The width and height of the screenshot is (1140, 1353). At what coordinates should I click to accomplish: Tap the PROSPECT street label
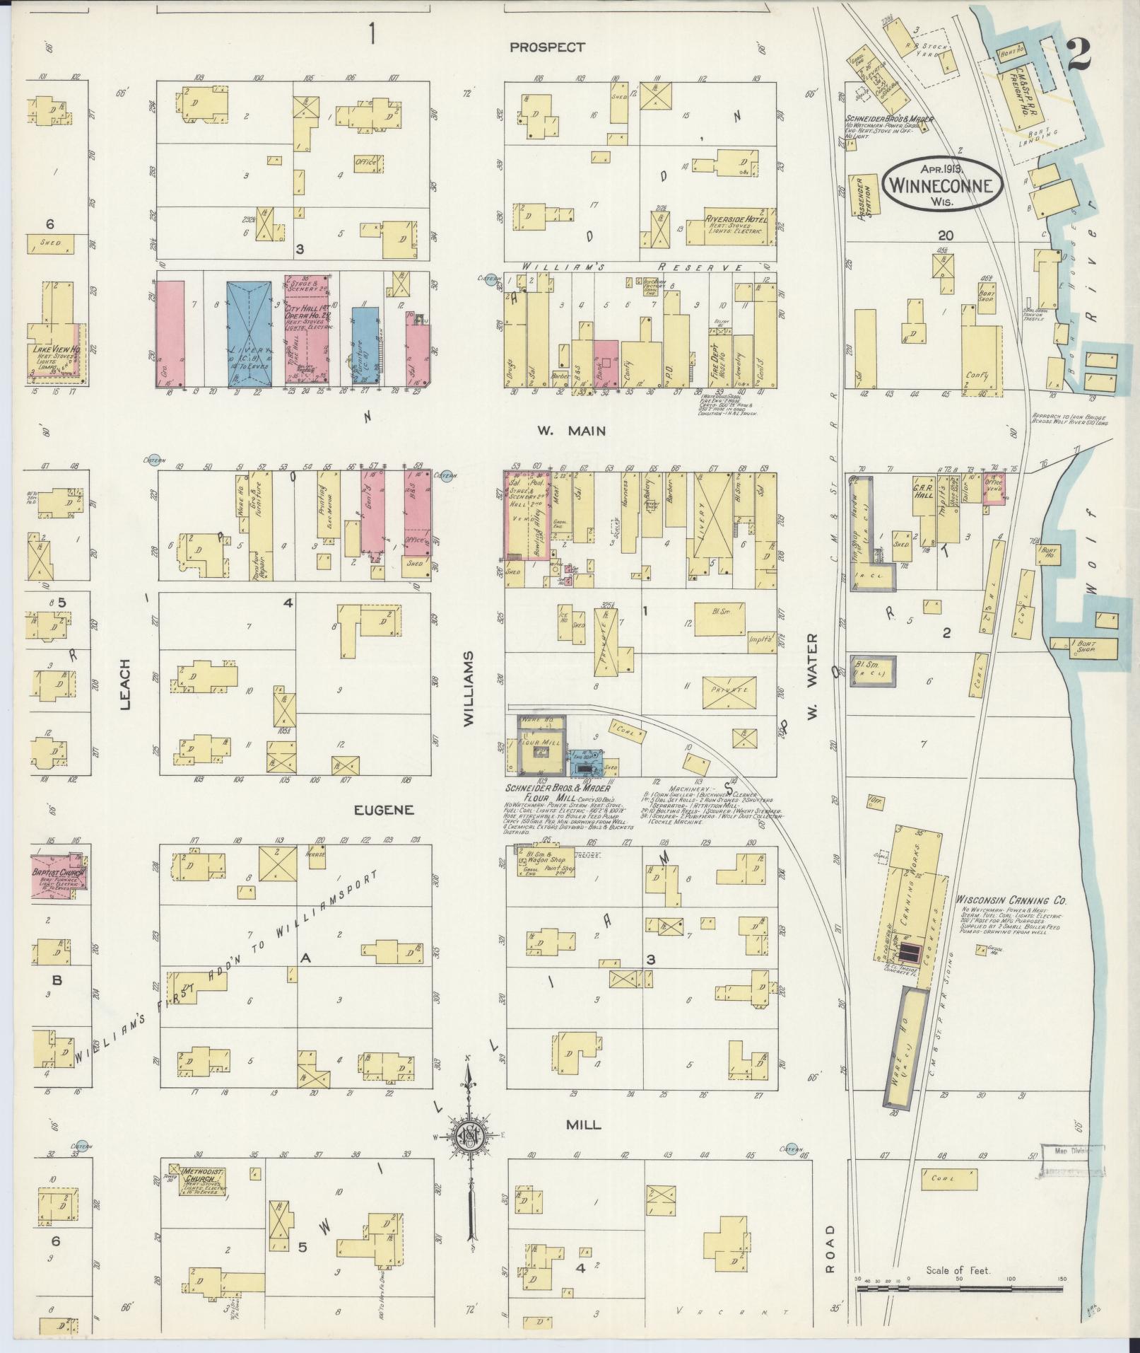tap(548, 47)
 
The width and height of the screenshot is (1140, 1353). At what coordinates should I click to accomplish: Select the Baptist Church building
tap(58, 878)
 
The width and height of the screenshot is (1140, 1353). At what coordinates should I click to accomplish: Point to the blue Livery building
tap(249, 332)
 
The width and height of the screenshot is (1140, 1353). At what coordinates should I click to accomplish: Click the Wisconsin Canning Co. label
tap(1011, 901)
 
